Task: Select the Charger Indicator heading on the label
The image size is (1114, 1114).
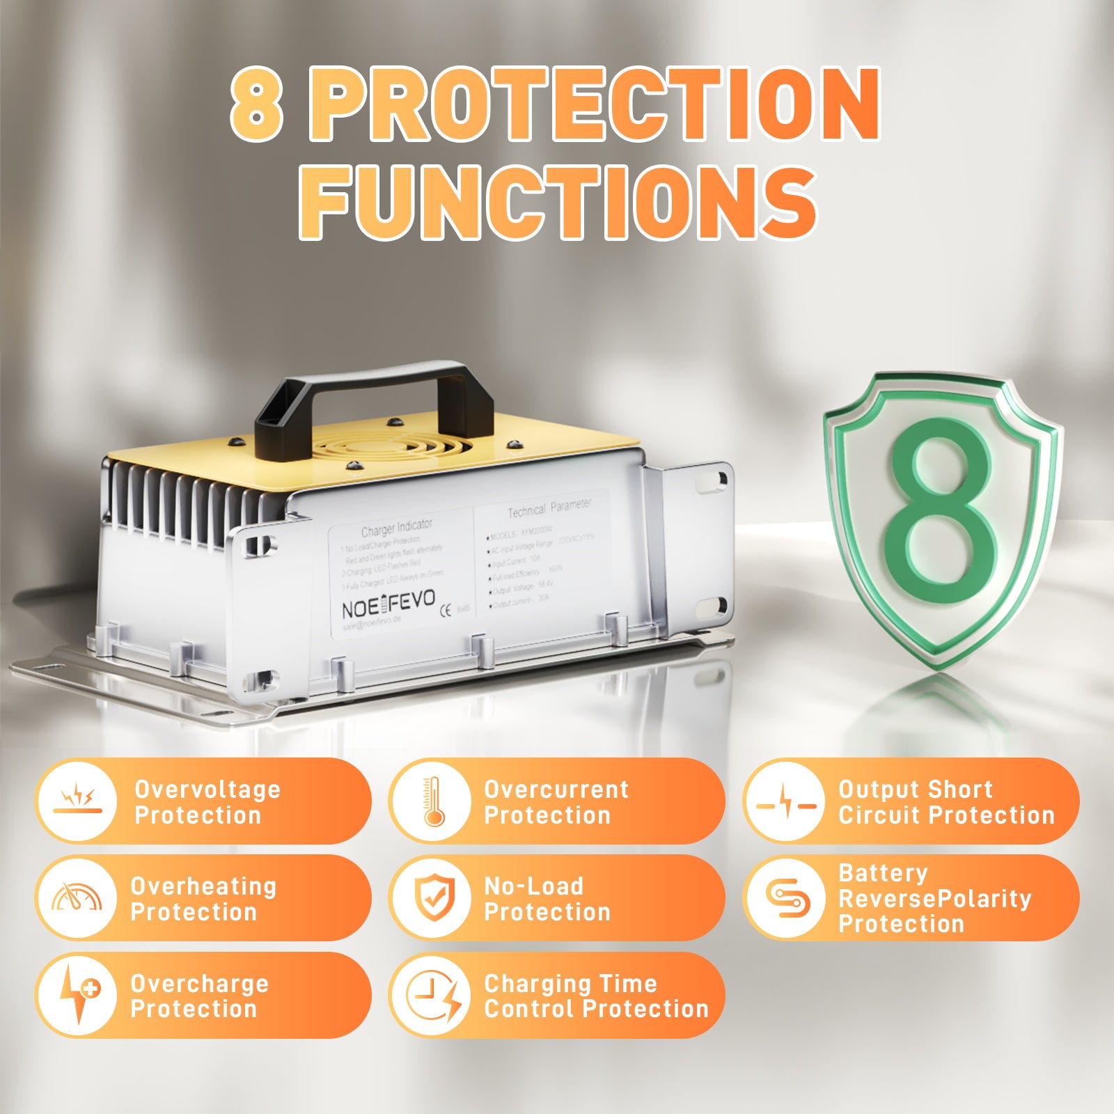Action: click(x=396, y=527)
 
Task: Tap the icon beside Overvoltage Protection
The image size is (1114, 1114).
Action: click(x=77, y=801)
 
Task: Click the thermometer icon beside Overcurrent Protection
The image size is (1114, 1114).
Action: click(x=432, y=801)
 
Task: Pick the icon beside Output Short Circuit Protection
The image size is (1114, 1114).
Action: click(x=786, y=803)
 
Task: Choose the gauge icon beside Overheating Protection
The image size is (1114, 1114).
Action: click(x=77, y=898)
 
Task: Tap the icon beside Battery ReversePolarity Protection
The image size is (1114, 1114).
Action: click(x=787, y=898)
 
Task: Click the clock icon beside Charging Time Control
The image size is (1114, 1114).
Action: click(x=432, y=995)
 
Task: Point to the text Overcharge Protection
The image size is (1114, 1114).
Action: click(x=199, y=996)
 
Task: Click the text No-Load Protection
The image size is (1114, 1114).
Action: click(x=547, y=898)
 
